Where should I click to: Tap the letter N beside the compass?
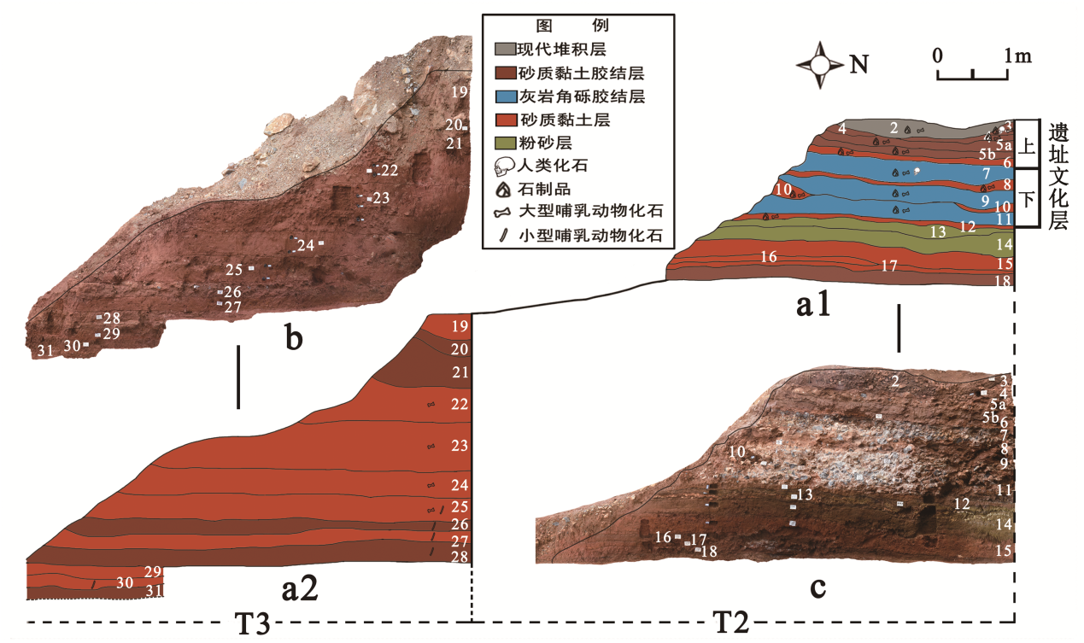click(x=860, y=64)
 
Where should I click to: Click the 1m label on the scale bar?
click(x=1018, y=56)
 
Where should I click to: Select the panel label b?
click(x=293, y=339)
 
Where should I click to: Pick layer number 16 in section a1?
click(x=768, y=256)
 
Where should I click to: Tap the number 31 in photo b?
click(x=45, y=349)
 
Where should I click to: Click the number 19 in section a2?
click(x=459, y=325)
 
